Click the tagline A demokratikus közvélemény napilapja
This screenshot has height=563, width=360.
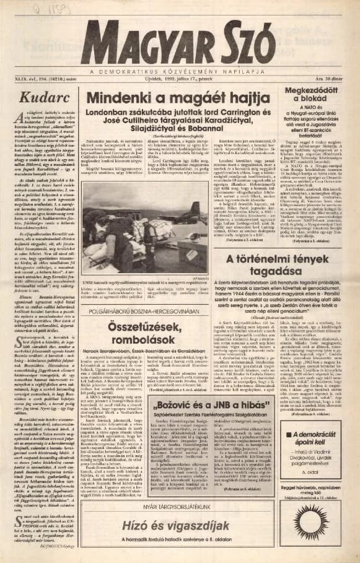click(x=180, y=70)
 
